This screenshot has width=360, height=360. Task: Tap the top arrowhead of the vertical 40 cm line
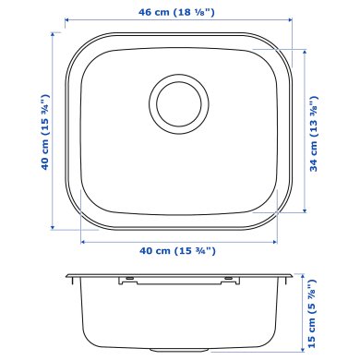51,27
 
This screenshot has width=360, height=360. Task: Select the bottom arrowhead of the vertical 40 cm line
51,227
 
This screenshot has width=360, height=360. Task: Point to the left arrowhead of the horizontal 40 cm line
83,240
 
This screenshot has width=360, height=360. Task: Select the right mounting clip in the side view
225,277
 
